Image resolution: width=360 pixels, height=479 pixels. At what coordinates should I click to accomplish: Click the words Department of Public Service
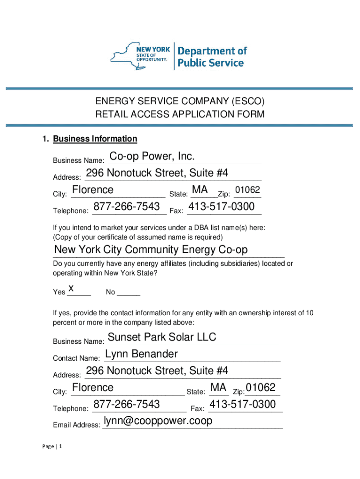(211, 57)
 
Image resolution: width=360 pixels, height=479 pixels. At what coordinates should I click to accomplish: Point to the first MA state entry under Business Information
(200, 190)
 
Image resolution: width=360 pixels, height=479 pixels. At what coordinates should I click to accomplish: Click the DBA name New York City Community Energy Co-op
(151, 250)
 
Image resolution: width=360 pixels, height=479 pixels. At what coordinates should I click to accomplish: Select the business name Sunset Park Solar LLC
(162, 337)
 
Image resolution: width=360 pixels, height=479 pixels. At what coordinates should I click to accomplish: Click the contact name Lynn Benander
(142, 354)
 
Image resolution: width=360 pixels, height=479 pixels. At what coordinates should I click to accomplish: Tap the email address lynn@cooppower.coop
(158, 421)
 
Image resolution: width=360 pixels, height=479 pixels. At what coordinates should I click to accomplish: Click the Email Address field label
(76, 425)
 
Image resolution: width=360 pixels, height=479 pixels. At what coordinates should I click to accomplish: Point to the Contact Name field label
(76, 358)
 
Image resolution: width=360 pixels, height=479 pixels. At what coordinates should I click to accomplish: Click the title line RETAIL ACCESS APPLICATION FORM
(180, 114)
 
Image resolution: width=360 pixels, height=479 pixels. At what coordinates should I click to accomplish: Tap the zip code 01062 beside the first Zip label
(248, 190)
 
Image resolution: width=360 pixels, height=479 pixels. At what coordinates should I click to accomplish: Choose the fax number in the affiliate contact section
(243, 404)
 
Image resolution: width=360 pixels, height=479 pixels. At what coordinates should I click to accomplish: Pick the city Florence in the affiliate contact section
(93, 388)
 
